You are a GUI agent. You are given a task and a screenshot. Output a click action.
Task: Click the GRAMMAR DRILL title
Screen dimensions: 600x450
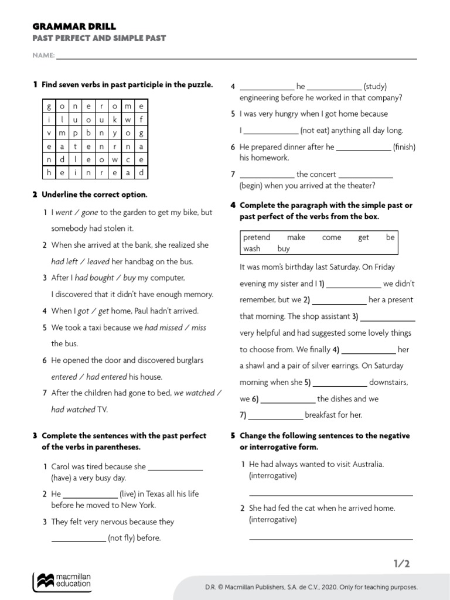(x=74, y=26)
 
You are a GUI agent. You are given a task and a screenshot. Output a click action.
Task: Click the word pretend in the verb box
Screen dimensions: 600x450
(x=257, y=237)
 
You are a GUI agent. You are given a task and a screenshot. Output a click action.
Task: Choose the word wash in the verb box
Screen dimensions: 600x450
(x=252, y=248)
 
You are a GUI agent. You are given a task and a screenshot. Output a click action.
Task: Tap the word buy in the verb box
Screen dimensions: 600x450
(x=284, y=248)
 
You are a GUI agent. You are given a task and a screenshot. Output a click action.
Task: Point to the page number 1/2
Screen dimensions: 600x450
(x=401, y=564)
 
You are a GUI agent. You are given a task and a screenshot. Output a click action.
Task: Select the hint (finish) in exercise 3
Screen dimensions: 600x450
(x=404, y=147)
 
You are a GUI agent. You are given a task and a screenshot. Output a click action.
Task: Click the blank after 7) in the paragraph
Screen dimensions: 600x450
(x=275, y=415)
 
